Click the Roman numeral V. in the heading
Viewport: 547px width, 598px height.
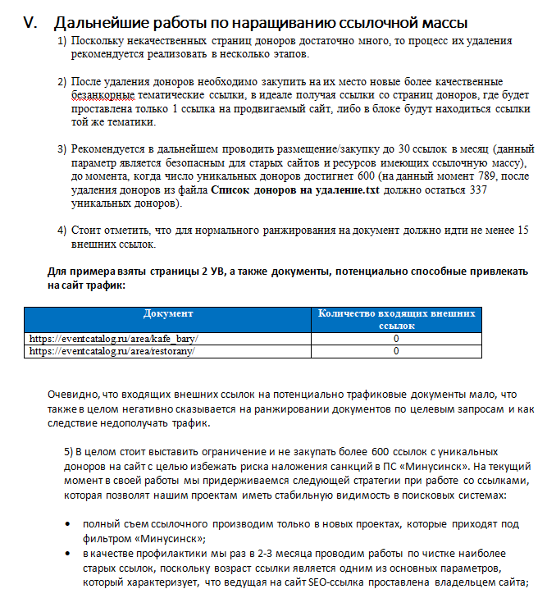32,23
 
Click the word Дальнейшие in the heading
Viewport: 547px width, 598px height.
102,23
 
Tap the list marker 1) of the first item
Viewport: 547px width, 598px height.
62,41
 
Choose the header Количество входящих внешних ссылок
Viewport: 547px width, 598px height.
396,319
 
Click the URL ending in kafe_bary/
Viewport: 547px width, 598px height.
113,338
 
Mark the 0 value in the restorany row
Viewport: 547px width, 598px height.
396,351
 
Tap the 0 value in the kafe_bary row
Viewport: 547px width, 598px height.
396,338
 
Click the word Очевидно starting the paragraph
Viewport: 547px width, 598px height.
73,395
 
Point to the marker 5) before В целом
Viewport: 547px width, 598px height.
69,452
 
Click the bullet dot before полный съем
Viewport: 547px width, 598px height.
66,523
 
